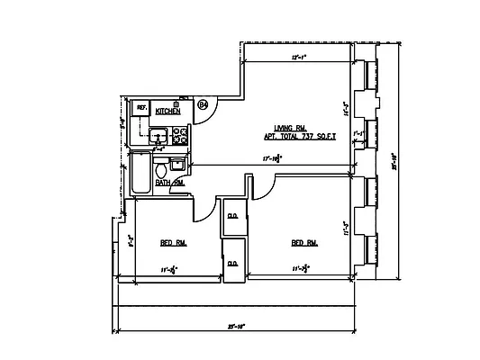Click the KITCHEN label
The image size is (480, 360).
168,111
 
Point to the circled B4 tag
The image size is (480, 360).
204,105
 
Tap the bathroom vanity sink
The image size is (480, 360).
177,164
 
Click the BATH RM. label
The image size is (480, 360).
169,183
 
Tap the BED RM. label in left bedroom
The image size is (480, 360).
173,243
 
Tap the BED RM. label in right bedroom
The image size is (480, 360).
303,243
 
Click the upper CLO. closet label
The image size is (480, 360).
232,216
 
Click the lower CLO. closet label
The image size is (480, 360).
232,263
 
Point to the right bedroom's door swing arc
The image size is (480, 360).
261,184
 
